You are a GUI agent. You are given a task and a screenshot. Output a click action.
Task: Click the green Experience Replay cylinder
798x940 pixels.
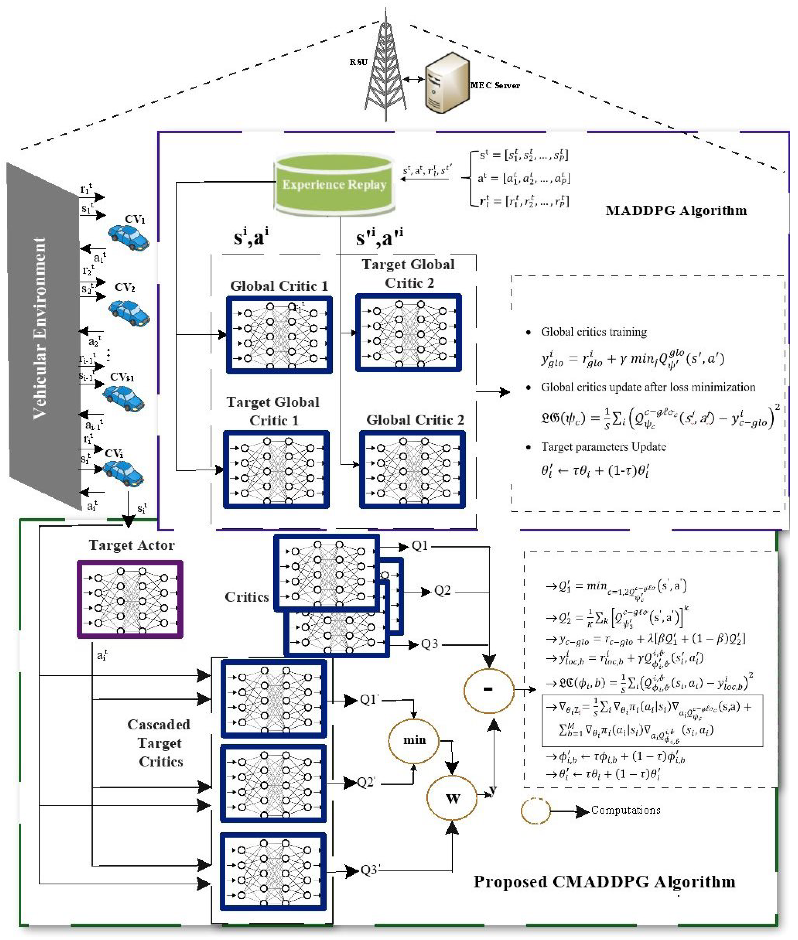[x=334, y=184]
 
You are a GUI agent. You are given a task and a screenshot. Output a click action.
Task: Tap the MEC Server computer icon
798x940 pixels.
[x=446, y=84]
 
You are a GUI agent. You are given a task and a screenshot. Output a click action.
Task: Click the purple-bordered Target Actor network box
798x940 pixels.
[x=130, y=599]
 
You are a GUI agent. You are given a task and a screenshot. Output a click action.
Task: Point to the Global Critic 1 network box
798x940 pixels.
[x=279, y=335]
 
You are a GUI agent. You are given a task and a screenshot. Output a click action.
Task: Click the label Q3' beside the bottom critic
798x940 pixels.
[x=370, y=870]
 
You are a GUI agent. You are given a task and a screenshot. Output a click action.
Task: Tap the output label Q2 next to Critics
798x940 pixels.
[x=442, y=591]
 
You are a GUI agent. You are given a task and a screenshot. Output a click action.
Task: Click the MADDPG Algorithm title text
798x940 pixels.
[x=676, y=210]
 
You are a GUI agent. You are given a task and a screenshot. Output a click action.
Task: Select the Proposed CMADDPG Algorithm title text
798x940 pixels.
[x=604, y=882]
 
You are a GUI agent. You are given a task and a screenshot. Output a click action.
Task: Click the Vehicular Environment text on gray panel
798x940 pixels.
[x=40, y=328]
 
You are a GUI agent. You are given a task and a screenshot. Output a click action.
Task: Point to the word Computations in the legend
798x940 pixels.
[x=626, y=810]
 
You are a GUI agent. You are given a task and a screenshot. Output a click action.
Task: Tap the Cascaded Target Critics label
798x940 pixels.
[x=159, y=743]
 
